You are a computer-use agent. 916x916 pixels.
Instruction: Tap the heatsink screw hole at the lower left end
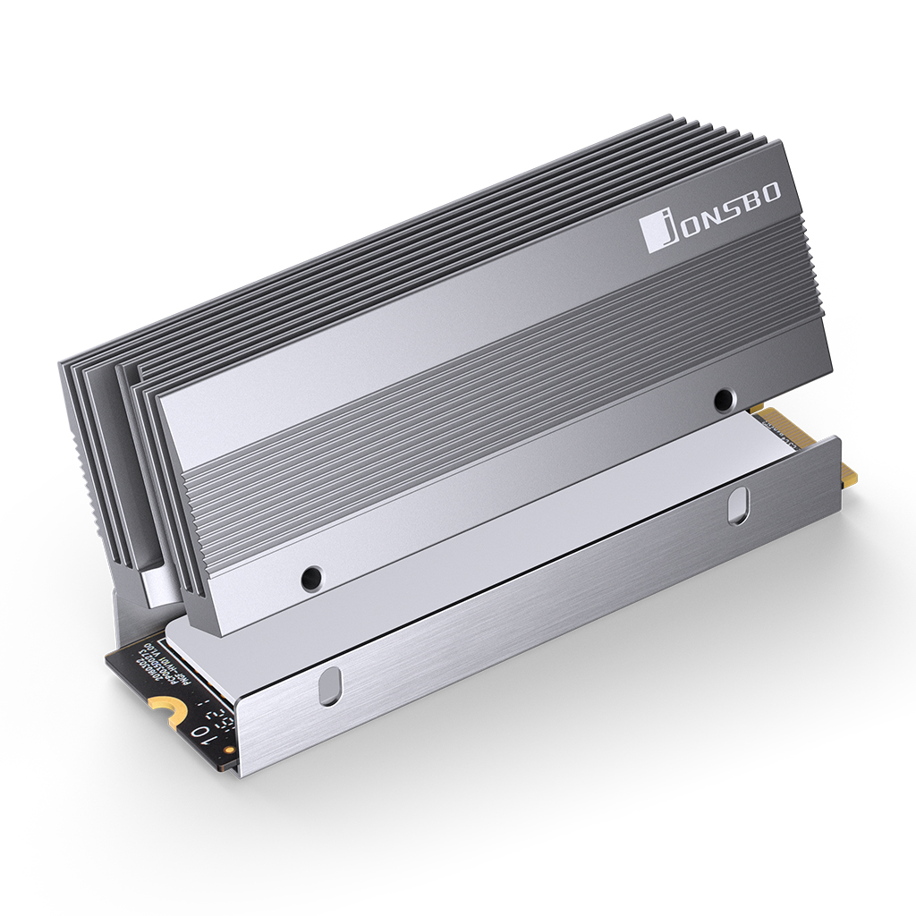coord(310,577)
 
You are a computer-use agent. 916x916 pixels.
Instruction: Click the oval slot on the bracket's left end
coord(330,686)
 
